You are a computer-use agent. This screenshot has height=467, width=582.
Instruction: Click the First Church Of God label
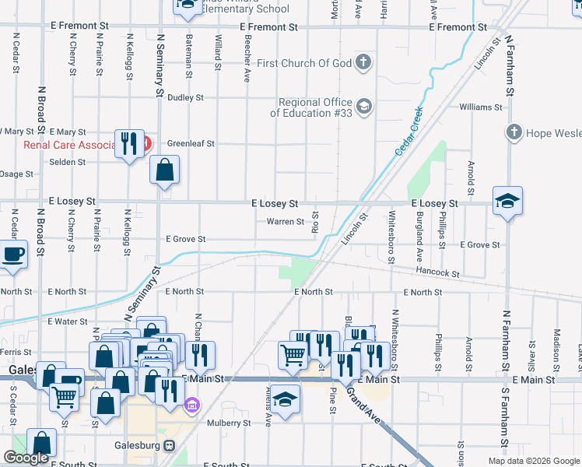coord(304,63)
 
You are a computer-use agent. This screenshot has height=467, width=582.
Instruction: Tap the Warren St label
coord(286,222)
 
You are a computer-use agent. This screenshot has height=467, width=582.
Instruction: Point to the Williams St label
coord(480,107)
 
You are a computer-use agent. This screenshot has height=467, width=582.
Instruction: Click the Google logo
coord(26,458)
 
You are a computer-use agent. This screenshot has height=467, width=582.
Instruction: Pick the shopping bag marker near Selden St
coord(165,170)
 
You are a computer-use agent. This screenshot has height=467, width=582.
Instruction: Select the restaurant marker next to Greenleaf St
coord(129,142)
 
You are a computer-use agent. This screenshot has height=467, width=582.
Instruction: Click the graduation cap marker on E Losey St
coord(507,202)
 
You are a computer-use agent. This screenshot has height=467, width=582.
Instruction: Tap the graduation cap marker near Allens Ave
coord(286,399)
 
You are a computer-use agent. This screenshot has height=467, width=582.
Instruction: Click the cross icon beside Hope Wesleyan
coord(514,133)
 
